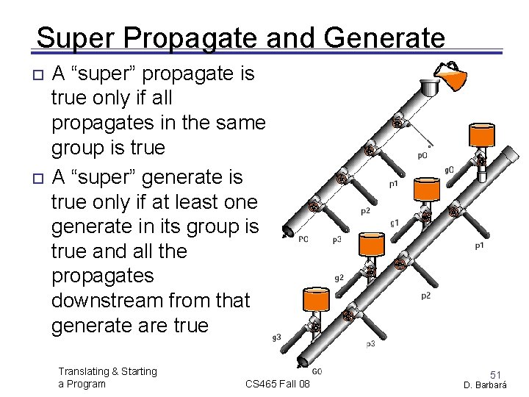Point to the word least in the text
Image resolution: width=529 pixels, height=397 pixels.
[170, 201]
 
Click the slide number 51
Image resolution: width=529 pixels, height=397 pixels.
[497, 375]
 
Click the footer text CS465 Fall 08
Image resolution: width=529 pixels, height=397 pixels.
[278, 384]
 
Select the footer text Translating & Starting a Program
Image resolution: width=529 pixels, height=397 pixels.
[107, 377]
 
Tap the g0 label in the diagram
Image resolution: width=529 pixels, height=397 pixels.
[449, 170]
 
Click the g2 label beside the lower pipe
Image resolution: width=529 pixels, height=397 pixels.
[339, 278]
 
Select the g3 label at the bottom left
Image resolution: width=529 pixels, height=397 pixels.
[276, 337]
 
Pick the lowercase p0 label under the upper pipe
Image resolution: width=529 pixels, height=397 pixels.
[422, 154]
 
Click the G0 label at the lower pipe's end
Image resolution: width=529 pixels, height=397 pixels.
[317, 372]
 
